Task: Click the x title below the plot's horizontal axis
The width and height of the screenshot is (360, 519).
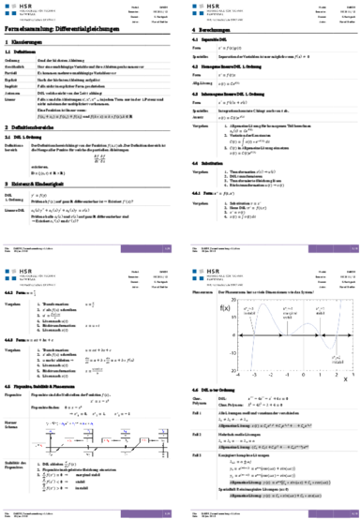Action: tap(344, 379)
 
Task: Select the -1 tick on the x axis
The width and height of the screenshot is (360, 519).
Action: tap(287, 374)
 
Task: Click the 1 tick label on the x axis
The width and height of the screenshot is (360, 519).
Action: tap(320, 374)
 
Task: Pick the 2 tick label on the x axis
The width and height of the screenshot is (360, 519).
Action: tap(336, 374)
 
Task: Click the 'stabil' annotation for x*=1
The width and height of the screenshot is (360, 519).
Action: tap(320, 313)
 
